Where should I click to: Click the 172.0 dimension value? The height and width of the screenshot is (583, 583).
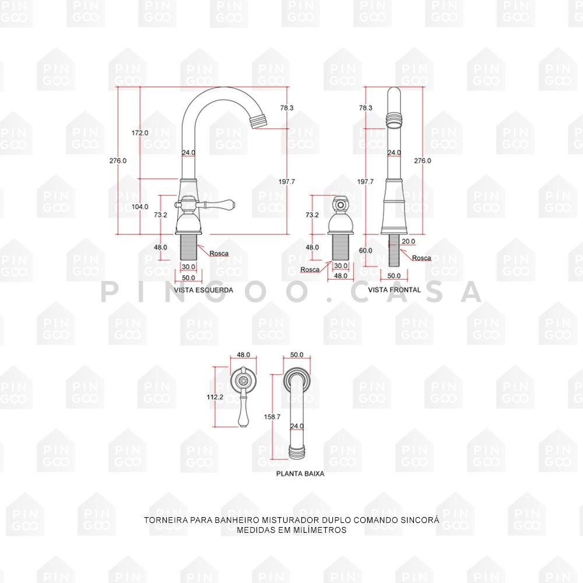[140, 133]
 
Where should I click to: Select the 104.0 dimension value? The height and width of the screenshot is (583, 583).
[140, 206]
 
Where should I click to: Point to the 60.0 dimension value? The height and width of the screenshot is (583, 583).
[366, 250]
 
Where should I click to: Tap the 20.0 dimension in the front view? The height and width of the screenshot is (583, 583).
[408, 241]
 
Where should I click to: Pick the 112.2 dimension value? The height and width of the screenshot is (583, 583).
[215, 397]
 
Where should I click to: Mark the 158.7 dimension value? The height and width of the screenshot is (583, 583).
[272, 417]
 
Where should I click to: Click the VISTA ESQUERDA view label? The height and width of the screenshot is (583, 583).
[203, 289]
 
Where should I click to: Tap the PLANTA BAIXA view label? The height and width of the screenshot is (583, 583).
[300, 474]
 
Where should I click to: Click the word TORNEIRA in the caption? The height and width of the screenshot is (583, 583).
[163, 519]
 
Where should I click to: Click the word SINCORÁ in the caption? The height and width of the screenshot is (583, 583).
[420, 519]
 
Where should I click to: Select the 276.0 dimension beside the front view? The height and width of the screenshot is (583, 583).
[422, 160]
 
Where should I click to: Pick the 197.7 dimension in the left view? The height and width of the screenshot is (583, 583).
[286, 182]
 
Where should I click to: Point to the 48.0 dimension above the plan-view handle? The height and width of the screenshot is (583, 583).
[243, 354]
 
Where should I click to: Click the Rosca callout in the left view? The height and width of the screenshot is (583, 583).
[219, 253]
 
